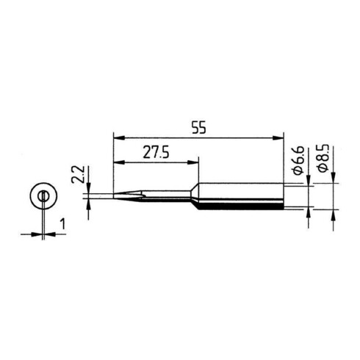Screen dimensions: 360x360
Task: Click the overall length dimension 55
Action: click(199, 127)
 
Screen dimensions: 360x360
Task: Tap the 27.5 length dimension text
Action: click(156, 152)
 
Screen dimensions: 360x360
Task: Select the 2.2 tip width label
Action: click(78, 174)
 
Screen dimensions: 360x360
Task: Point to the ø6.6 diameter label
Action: click(298, 160)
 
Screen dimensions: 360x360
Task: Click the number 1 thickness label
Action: click(63, 224)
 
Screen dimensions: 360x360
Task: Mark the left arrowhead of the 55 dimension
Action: click(120, 138)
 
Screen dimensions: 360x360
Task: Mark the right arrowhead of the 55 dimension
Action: click(278, 138)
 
